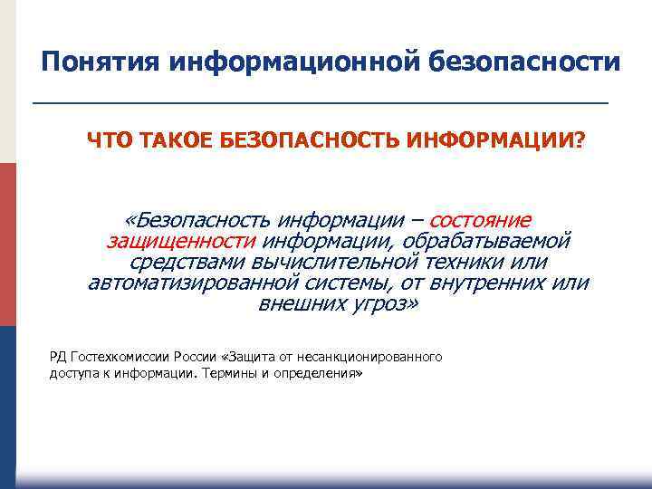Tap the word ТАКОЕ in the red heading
point(162,141)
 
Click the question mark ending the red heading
point(580,141)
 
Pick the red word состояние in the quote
point(480,220)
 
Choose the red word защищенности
point(182,241)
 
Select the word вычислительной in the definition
point(331,262)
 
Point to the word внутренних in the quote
point(486,283)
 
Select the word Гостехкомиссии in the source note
point(118,357)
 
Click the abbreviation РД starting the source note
point(58,357)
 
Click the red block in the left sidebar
point(8,244)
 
